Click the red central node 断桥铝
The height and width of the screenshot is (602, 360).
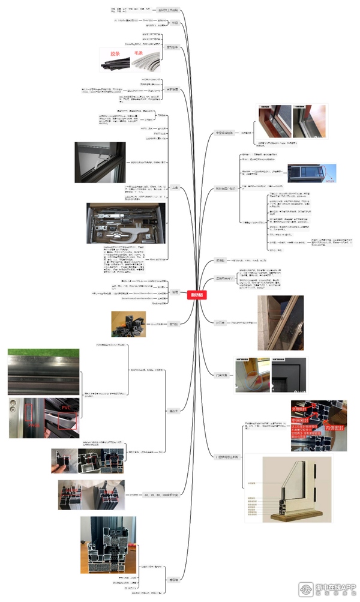[x=196, y=295]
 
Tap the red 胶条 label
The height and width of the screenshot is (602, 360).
[x=115, y=53]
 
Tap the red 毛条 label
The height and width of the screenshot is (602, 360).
[x=138, y=53]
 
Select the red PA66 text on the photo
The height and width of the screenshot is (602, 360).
[x=32, y=426]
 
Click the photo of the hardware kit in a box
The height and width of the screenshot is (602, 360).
[x=124, y=223]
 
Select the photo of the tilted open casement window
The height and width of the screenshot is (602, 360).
[x=280, y=322]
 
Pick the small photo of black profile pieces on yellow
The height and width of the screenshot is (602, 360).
[x=128, y=324]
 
